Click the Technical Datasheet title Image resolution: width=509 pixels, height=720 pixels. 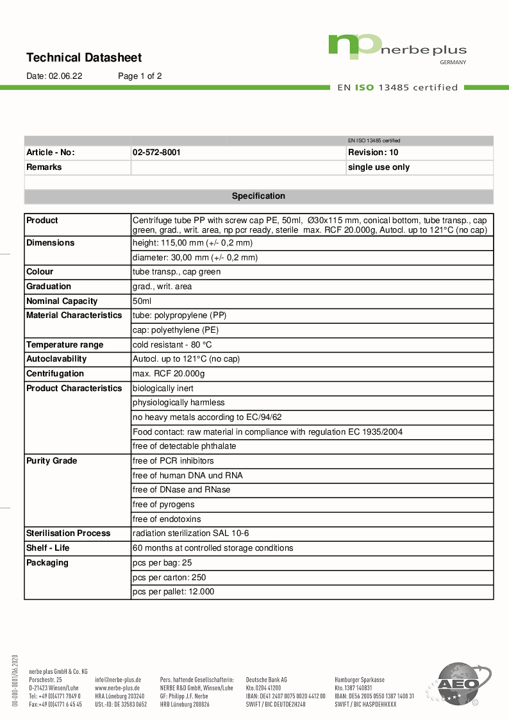[83, 58]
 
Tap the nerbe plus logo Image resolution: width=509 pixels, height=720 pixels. [397, 48]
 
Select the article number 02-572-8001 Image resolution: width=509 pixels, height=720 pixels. [156, 153]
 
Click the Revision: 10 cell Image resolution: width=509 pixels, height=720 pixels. [373, 153]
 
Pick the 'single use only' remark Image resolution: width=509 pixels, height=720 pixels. [378, 167]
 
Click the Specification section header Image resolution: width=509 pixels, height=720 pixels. [258, 196]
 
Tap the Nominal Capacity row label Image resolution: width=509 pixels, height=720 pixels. [62, 301]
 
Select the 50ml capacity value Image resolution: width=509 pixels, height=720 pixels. [142, 301]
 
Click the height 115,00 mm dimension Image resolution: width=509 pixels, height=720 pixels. [192, 243]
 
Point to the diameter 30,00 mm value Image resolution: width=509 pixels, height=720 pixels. [195, 258]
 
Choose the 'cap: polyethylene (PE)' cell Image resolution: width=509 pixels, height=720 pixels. [175, 330]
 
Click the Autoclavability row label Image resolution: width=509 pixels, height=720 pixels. [56, 359]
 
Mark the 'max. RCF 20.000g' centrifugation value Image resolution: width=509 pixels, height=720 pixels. [169, 374]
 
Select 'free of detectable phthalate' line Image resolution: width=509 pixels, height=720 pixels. [184, 446]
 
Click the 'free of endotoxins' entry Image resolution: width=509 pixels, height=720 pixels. [167, 519]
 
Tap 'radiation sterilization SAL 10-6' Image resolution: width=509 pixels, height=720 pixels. [190, 533]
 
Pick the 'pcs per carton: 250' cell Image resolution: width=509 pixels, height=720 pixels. [169, 578]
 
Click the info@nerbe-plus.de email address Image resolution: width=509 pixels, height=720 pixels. [118, 679]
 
